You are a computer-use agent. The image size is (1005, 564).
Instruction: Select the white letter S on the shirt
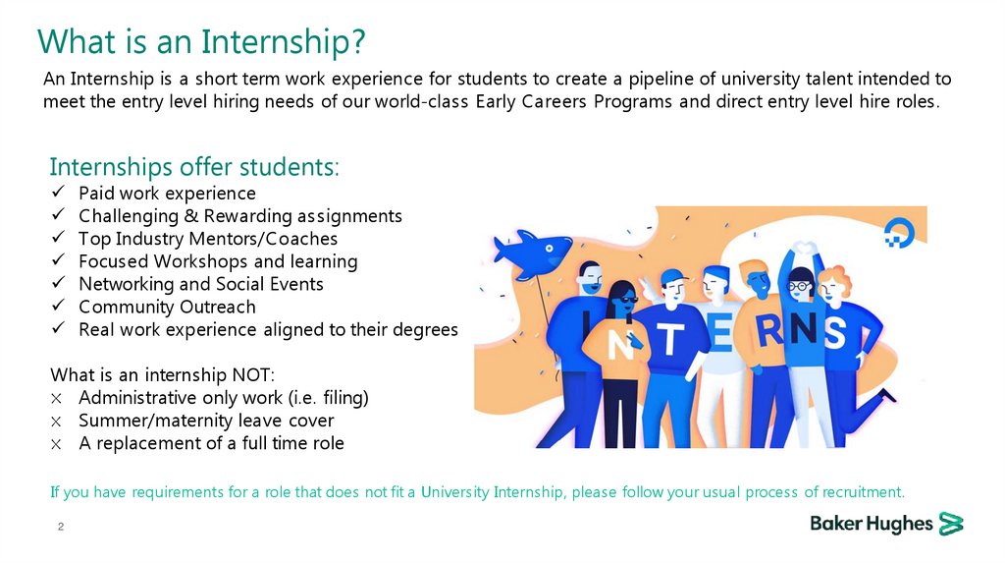pyautogui.click(x=835, y=331)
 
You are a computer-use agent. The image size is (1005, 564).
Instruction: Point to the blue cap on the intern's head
pyautogui.click(x=671, y=275)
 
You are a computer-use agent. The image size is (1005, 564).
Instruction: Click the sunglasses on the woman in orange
pyautogui.click(x=625, y=296)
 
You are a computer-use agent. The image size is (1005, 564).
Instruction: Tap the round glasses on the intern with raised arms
pyautogui.click(x=799, y=286)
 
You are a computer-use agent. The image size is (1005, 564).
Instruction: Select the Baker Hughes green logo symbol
pyautogui.click(x=950, y=523)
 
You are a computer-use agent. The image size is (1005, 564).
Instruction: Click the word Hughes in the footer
pyautogui.click(x=901, y=524)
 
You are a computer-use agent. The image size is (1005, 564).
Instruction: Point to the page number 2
pyautogui.click(x=60, y=529)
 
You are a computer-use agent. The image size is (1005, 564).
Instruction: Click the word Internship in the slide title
pyautogui.click(x=284, y=42)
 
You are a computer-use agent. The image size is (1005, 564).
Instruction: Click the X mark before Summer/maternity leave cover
pyautogui.click(x=58, y=422)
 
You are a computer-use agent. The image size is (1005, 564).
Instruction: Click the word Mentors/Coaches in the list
pyautogui.click(x=279, y=239)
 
